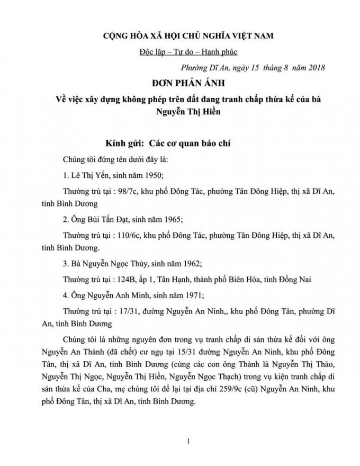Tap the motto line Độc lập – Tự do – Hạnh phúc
pos(181,52)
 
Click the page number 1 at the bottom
pos(181,441)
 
